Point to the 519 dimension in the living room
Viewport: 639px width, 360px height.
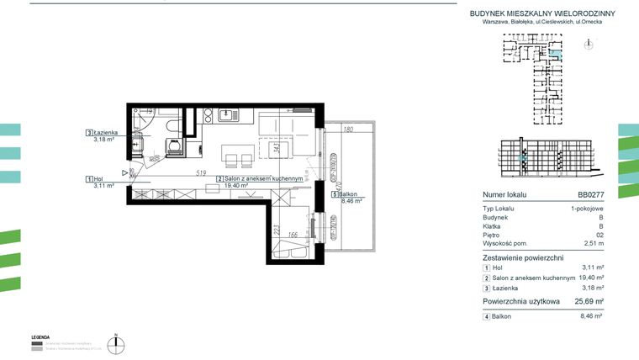pos(202,172)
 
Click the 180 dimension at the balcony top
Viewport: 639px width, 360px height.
pos(348,130)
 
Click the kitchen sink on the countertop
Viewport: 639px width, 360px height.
pos(225,117)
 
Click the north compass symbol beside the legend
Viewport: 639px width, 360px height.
pos(120,342)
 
